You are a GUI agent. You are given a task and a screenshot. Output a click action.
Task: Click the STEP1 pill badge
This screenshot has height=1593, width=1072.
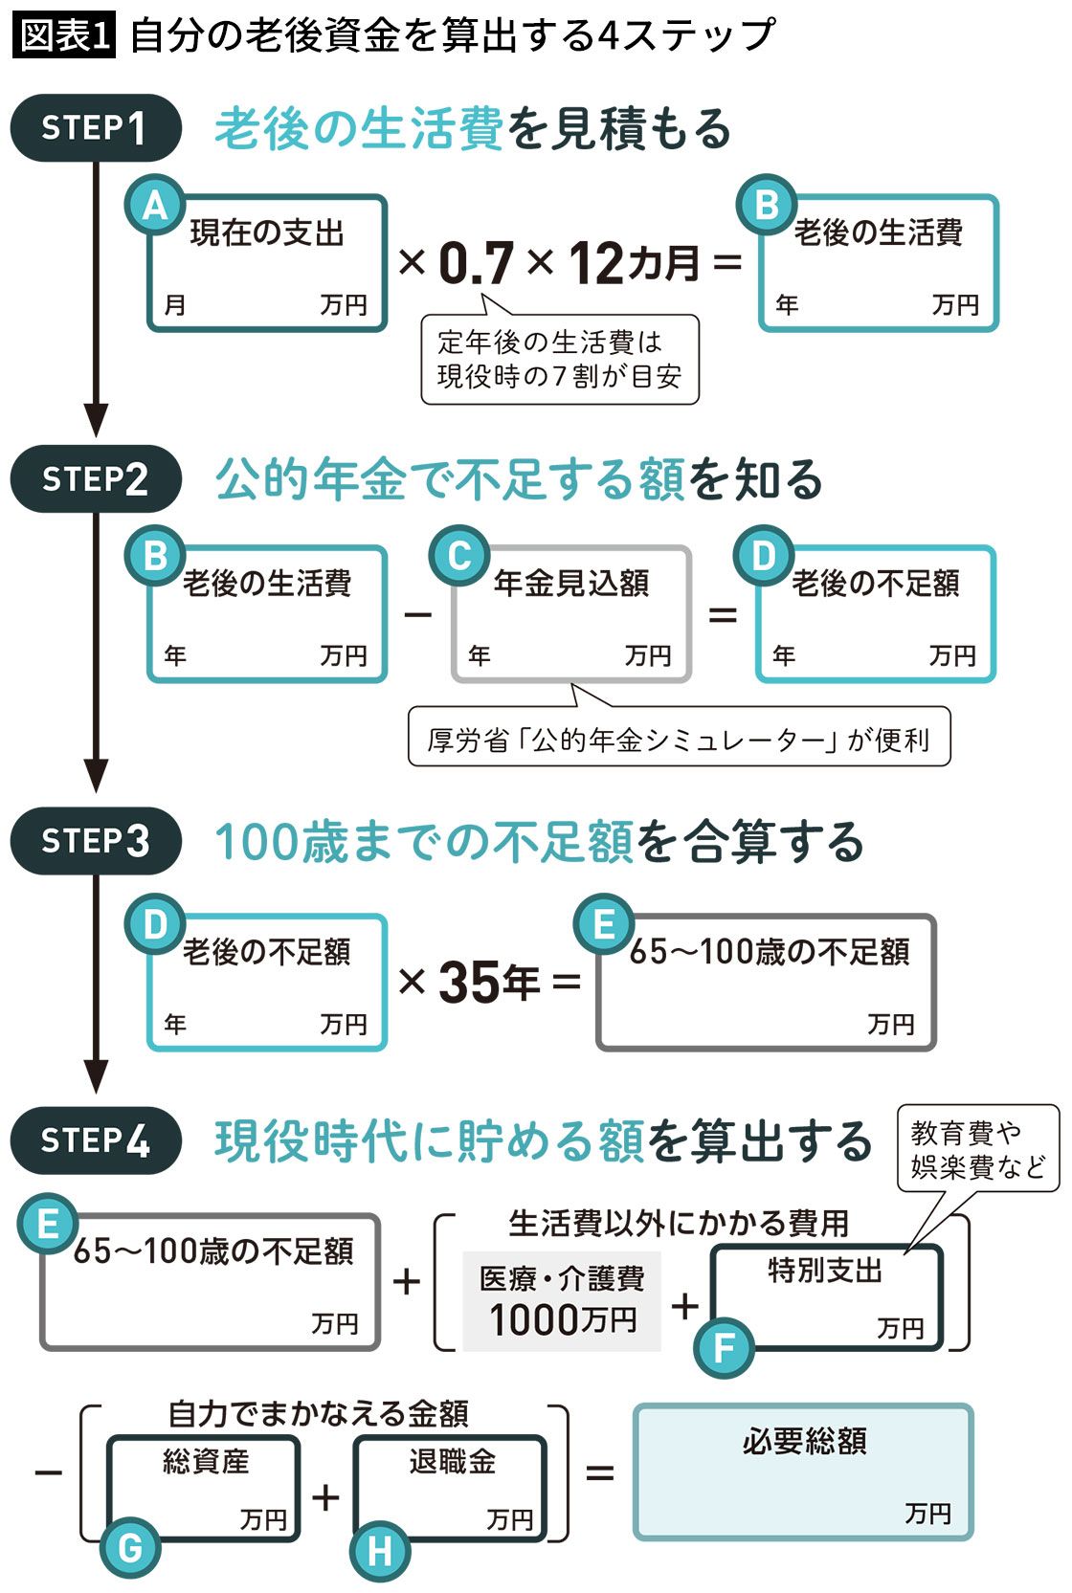click(x=96, y=128)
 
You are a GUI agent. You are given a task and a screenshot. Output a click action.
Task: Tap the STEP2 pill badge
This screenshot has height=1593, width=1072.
click(x=96, y=478)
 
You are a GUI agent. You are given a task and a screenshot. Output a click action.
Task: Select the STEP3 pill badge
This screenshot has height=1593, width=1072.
click(x=96, y=841)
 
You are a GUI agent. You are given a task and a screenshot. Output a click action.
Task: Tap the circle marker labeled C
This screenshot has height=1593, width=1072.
click(x=459, y=556)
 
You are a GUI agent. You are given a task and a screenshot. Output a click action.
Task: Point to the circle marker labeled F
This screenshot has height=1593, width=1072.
click(x=725, y=1348)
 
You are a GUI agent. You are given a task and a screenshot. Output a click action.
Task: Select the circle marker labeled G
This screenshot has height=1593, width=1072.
click(x=129, y=1548)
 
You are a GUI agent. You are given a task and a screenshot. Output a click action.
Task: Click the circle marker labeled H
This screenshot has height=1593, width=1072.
click(x=380, y=1551)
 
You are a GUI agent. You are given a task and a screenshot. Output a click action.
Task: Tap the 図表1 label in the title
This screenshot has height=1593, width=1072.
click(x=64, y=35)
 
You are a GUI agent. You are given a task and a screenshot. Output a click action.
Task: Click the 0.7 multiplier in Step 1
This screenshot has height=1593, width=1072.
click(x=476, y=262)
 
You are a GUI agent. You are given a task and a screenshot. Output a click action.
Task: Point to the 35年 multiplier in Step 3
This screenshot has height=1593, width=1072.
click(x=489, y=983)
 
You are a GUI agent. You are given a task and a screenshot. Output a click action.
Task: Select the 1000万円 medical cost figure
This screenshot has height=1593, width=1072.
click(x=563, y=1320)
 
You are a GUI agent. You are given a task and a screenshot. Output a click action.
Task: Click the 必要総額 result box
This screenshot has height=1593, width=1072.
click(x=803, y=1471)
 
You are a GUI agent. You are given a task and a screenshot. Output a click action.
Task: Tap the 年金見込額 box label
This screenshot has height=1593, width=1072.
click(x=572, y=584)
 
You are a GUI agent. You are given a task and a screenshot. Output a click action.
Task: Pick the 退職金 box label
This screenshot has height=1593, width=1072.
click(x=453, y=1461)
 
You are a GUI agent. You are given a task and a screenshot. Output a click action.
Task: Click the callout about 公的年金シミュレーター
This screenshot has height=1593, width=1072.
click(x=679, y=736)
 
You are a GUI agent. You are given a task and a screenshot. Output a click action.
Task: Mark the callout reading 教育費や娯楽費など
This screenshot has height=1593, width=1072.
click(x=978, y=1149)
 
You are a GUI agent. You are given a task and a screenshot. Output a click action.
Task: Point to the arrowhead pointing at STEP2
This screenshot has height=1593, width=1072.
click(x=96, y=420)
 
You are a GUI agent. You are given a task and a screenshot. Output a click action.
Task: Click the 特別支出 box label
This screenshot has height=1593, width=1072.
click(x=825, y=1271)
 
